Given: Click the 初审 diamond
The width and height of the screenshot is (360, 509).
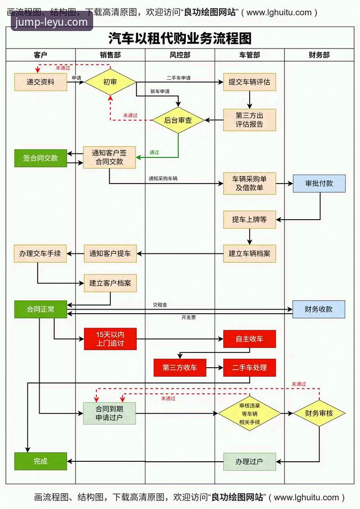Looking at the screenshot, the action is [x=110, y=82].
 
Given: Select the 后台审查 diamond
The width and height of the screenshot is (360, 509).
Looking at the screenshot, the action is [x=178, y=120].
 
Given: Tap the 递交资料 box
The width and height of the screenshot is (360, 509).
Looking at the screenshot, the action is [x=40, y=82].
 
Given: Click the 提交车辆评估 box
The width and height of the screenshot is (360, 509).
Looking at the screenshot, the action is [x=249, y=82].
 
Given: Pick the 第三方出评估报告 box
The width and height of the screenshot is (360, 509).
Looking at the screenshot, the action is [x=249, y=120].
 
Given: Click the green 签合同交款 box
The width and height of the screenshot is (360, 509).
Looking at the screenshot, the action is [x=40, y=158].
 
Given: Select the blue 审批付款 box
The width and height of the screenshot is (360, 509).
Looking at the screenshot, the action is [x=319, y=184].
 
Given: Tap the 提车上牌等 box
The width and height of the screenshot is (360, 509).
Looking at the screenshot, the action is [x=249, y=220].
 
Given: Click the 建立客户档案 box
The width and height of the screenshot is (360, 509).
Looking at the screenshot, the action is [x=110, y=283].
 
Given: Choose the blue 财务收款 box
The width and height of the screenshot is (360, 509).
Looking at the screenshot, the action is [x=319, y=309].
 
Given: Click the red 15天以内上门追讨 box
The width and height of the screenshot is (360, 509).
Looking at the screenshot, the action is [x=110, y=339].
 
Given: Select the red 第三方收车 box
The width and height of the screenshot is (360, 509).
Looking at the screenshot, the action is [x=180, y=368].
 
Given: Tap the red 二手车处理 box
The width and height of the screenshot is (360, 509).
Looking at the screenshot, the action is [x=249, y=368].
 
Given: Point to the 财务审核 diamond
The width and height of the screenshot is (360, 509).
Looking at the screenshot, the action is [x=319, y=413].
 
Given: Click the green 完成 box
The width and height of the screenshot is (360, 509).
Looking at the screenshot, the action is [x=40, y=461].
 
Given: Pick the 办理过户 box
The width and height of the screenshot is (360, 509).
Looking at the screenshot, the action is [x=249, y=462].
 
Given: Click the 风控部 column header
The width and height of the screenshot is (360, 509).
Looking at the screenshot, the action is [x=180, y=55].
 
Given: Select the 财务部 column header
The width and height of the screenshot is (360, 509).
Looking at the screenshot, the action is [x=319, y=55].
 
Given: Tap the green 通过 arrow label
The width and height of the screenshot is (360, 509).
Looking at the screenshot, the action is [x=154, y=152].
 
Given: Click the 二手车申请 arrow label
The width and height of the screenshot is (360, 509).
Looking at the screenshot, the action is [x=179, y=78].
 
